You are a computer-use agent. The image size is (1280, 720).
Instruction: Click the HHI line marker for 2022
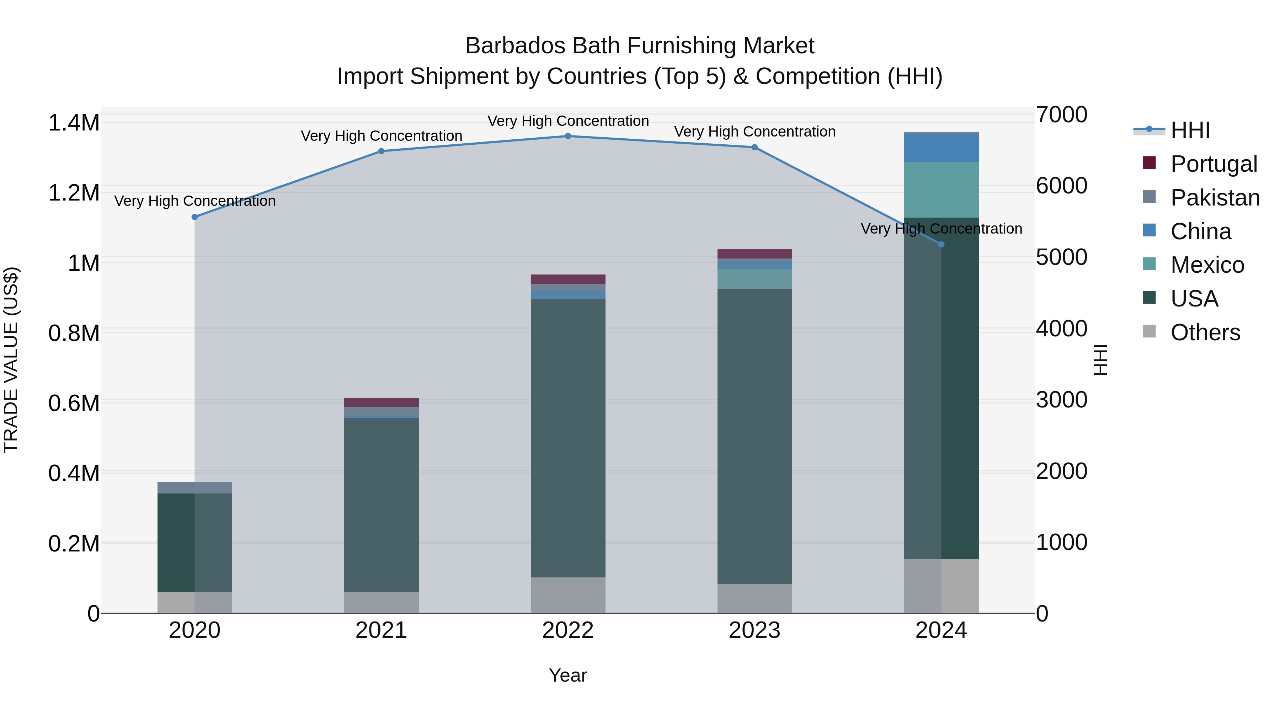pyautogui.click(x=568, y=136)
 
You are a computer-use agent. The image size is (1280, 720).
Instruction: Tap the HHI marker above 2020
pyautogui.click(x=195, y=217)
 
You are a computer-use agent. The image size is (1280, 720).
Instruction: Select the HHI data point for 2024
pyautogui.click(x=941, y=245)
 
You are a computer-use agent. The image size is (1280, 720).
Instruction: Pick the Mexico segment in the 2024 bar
pyautogui.click(x=941, y=190)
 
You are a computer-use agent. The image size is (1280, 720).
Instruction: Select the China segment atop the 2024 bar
pyautogui.click(x=941, y=148)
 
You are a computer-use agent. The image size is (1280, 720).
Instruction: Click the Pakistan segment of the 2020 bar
pyautogui.click(x=195, y=487)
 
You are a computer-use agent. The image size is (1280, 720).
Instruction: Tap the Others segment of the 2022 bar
pyautogui.click(x=568, y=595)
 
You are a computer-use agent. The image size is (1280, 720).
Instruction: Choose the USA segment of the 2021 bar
pyautogui.click(x=381, y=504)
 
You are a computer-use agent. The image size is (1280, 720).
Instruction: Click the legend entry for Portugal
pyautogui.click(x=1214, y=164)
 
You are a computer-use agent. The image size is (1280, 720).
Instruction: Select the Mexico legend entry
pyautogui.click(x=1207, y=265)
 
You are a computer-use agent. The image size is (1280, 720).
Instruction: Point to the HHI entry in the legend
pyautogui.click(x=1190, y=130)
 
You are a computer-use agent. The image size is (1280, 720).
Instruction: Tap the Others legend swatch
pyautogui.click(x=1149, y=331)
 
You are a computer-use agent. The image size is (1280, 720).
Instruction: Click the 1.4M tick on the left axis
pyautogui.click(x=74, y=123)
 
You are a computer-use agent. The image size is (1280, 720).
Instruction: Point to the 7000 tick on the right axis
pyautogui.click(x=1061, y=115)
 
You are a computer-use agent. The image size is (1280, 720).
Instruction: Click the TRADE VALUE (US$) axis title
pyautogui.click(x=11, y=360)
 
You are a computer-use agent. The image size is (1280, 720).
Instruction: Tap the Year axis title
pyautogui.click(x=567, y=675)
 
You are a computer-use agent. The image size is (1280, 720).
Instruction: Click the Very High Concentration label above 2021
pyautogui.click(x=381, y=136)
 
